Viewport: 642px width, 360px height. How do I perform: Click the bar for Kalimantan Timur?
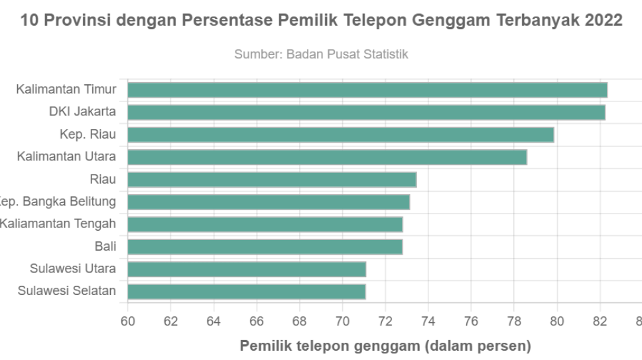pyautogui.click(x=367, y=90)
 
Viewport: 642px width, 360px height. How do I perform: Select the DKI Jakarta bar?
pyautogui.click(x=366, y=112)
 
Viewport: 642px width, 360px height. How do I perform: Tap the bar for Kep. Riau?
pyautogui.click(x=341, y=135)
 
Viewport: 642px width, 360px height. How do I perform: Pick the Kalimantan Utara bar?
pyautogui.click(x=327, y=157)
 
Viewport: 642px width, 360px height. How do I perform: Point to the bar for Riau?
pyautogui.click(x=272, y=180)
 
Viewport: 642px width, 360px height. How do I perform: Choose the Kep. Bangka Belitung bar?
pyautogui.click(x=269, y=202)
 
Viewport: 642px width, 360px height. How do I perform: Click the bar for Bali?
pyautogui.click(x=265, y=247)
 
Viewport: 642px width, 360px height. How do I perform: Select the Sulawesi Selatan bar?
pyautogui.click(x=247, y=292)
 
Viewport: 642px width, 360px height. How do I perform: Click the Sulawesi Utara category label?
pyautogui.click(x=73, y=269)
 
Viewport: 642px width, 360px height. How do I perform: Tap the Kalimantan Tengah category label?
pyautogui.click(x=58, y=224)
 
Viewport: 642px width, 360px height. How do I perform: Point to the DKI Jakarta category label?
pyautogui.click(x=82, y=111)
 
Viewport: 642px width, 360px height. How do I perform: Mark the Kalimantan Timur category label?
pyautogui.click(x=66, y=89)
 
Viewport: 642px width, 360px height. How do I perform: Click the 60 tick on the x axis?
pyautogui.click(x=127, y=322)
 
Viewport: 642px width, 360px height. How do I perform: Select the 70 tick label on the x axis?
pyautogui.click(x=342, y=322)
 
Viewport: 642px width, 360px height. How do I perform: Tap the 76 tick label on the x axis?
pyautogui.click(x=471, y=322)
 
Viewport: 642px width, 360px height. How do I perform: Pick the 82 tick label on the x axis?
pyautogui.click(x=600, y=322)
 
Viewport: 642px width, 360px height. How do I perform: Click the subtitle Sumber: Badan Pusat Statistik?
pyautogui.click(x=321, y=55)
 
